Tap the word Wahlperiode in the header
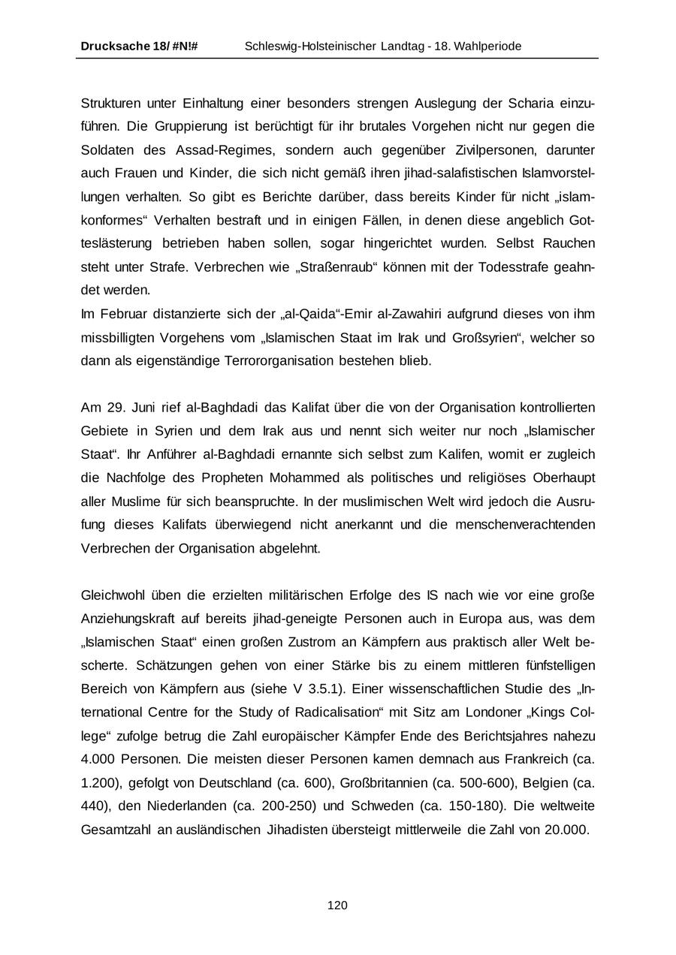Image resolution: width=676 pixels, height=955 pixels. [x=489, y=47]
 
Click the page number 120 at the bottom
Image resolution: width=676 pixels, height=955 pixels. [x=337, y=905]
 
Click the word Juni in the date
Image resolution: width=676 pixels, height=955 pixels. [x=143, y=408]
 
